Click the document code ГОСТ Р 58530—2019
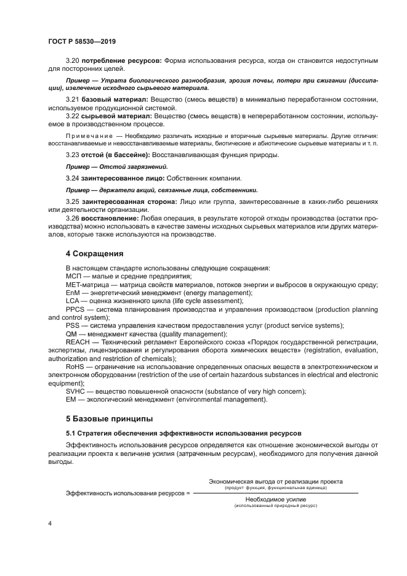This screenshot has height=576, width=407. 81,41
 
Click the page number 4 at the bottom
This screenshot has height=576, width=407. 50,523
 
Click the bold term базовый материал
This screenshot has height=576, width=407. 115,99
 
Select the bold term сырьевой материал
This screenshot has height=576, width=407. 117,115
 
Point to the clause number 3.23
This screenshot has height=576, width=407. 73,155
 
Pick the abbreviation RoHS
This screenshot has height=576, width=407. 76,367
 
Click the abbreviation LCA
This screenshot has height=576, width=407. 74,301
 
